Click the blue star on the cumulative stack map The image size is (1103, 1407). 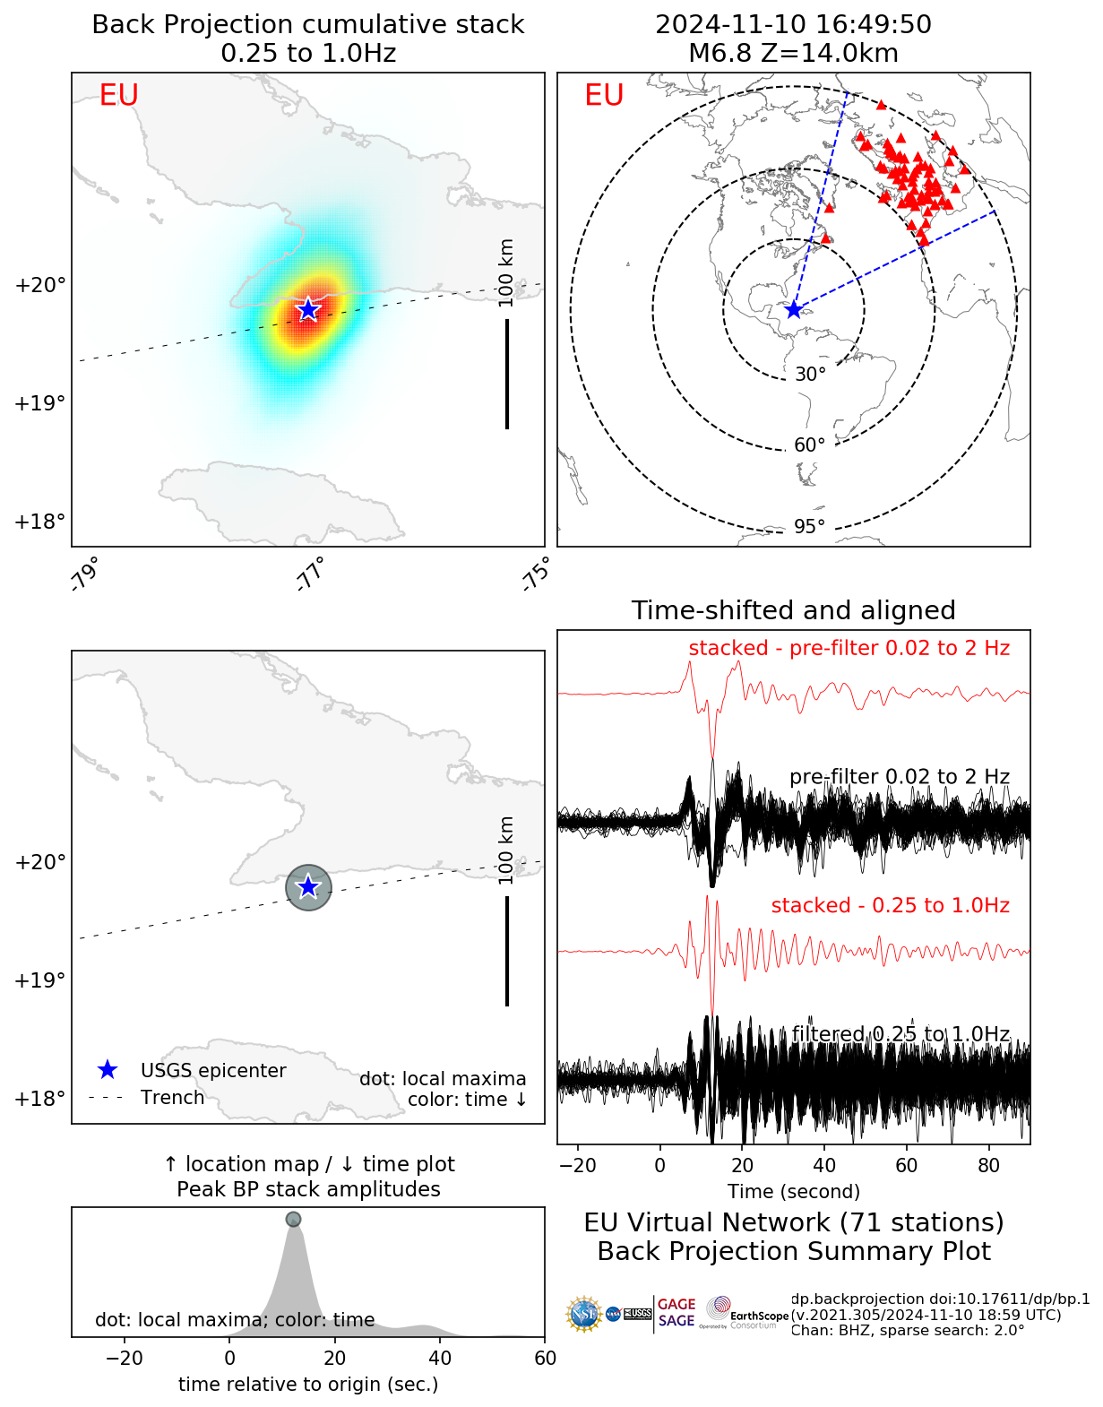(308, 309)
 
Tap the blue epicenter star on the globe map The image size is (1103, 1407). (794, 309)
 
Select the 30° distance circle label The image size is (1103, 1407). (810, 375)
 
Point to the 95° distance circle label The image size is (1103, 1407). (809, 526)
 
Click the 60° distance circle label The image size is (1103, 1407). (809, 445)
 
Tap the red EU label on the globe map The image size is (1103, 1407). (604, 95)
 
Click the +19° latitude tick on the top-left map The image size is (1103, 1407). (40, 403)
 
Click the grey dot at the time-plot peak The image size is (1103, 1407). (293, 1219)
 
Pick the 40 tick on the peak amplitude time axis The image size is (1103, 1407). (440, 1358)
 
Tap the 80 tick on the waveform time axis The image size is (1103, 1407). (988, 1165)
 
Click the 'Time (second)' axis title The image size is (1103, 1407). (794, 1191)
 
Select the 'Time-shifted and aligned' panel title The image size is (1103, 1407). (794, 610)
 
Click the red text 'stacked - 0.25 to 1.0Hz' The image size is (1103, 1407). (890, 905)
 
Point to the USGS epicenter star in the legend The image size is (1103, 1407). (108, 1069)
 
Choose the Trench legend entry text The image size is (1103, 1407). (172, 1098)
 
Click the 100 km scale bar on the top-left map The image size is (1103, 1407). (507, 374)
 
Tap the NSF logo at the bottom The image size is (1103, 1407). (584, 1314)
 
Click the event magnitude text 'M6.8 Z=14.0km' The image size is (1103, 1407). (794, 54)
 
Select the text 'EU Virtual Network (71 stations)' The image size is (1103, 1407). (794, 1222)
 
